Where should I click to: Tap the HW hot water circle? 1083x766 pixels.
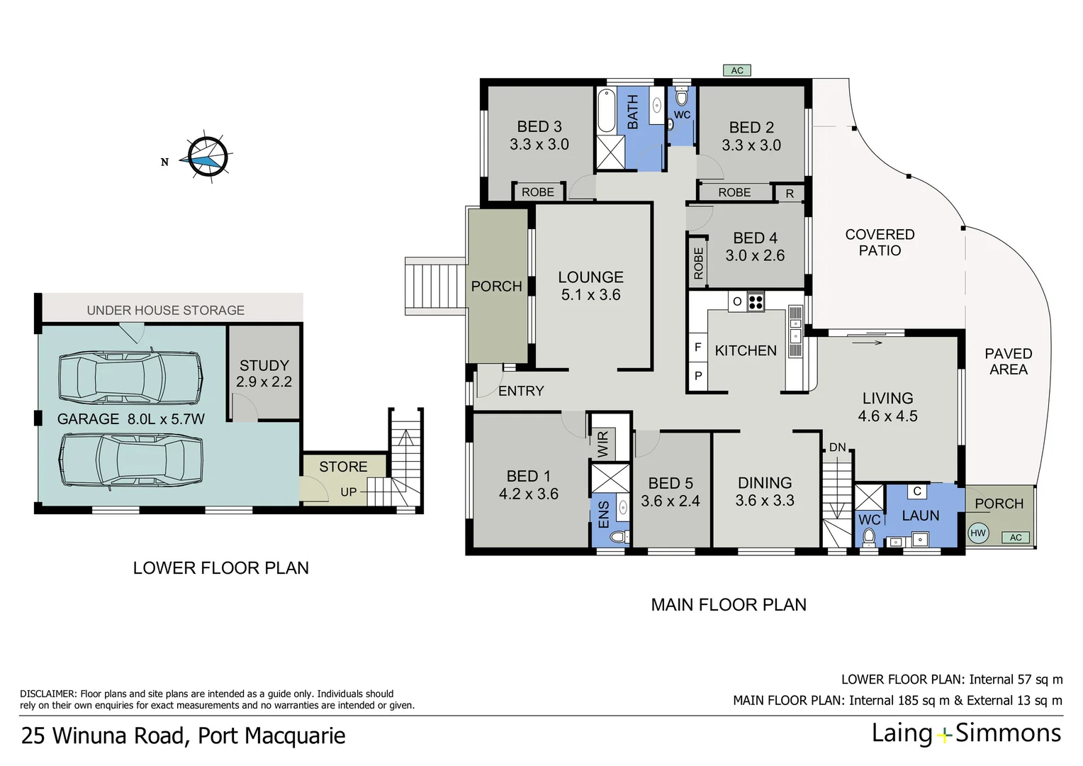[978, 533]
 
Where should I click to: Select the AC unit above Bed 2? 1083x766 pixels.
[737, 70]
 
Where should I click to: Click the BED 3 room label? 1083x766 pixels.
[539, 127]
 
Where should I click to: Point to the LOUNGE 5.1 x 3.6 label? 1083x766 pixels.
[590, 286]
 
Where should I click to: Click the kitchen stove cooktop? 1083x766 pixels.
[756, 302]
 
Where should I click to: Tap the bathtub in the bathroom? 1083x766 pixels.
[606, 111]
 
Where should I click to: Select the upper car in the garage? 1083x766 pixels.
[130, 377]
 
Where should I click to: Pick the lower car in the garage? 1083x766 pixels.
[132, 460]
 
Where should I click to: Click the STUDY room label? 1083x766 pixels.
[264, 366]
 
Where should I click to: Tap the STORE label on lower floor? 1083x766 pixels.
[343, 467]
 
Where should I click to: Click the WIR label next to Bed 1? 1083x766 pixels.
[603, 444]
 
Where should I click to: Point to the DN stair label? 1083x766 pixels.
[837, 448]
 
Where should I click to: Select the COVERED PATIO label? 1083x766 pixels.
[880, 243]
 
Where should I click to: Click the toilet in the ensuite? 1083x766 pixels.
[619, 535]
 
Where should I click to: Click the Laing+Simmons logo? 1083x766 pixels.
[966, 733]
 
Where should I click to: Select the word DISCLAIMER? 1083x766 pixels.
[47, 694]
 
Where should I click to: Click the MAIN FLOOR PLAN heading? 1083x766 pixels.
[728, 605]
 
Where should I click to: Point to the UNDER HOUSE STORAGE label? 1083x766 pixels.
[165, 311]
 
